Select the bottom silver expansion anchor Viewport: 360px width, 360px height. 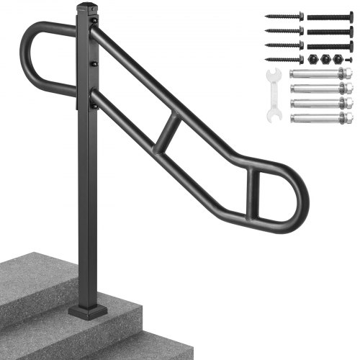321,117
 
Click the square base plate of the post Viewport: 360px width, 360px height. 89,310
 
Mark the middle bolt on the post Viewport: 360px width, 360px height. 94,63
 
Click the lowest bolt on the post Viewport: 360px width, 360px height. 93,105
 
